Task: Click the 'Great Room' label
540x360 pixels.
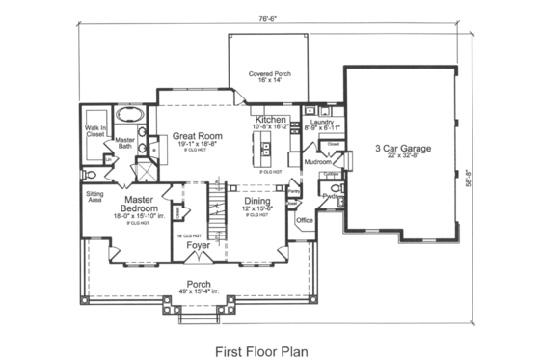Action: [x=197, y=136]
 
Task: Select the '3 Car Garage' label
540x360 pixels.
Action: [x=402, y=149]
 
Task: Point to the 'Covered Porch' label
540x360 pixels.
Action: [x=269, y=73]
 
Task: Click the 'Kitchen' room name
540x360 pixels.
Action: [x=270, y=119]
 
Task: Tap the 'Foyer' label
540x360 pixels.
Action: [x=199, y=246]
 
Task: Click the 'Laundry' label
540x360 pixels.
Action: [x=322, y=122]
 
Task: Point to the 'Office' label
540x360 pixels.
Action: [x=306, y=221]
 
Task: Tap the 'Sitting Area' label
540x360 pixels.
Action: [x=95, y=197]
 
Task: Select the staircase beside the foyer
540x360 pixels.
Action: [x=217, y=207]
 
